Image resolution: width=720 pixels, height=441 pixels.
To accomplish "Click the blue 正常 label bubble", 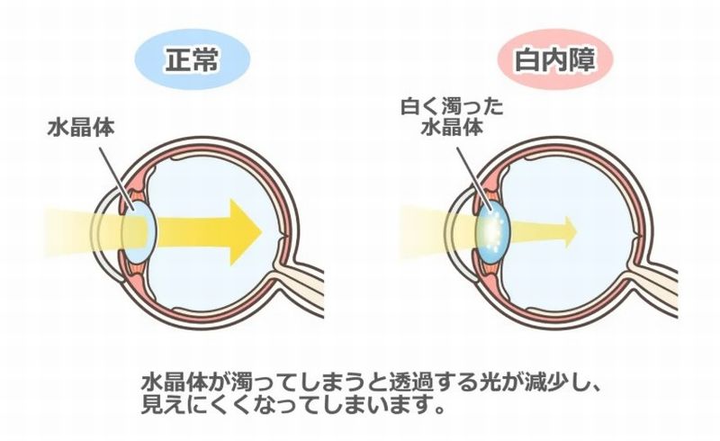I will pyautogui.click(x=191, y=60).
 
